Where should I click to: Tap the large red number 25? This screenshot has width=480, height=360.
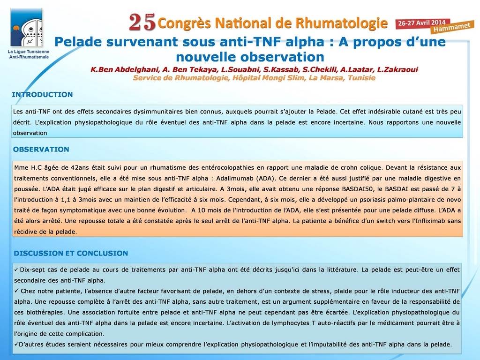[x=142, y=22]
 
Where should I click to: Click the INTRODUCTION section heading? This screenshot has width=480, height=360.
[x=42, y=95]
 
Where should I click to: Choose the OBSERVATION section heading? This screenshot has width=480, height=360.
[x=41, y=150]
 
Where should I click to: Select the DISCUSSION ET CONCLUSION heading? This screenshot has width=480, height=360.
[x=71, y=254]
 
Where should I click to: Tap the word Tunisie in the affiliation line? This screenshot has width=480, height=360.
[x=361, y=77]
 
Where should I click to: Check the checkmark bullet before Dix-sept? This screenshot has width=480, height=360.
[x=16, y=270]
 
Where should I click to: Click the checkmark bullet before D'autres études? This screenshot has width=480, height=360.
[x=16, y=344]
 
